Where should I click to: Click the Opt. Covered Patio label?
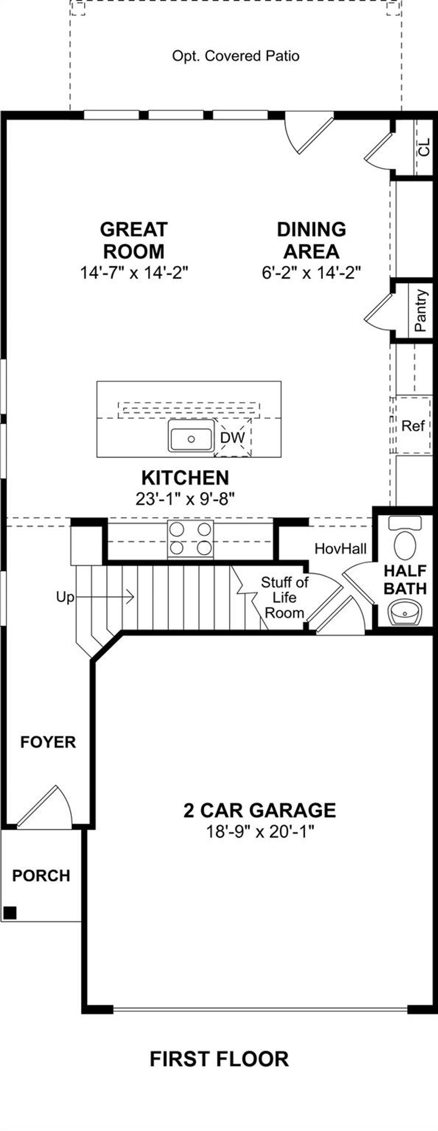pyautogui.click(x=236, y=56)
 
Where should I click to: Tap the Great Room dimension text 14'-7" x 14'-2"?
pyautogui.click(x=134, y=273)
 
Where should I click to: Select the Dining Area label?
pyautogui.click(x=311, y=240)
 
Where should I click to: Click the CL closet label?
pyautogui.click(x=424, y=147)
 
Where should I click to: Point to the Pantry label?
pyautogui.click(x=420, y=310)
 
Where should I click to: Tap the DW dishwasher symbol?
pyautogui.click(x=233, y=438)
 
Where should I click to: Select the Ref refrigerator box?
pyautogui.click(x=413, y=426)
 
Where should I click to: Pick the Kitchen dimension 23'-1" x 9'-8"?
pyautogui.click(x=185, y=499)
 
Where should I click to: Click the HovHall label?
pyautogui.click(x=340, y=548)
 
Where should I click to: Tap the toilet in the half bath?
pyautogui.click(x=405, y=545)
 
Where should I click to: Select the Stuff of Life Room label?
pyautogui.click(x=284, y=597)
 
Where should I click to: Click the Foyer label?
pyautogui.click(x=48, y=742)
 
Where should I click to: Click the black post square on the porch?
pyautogui.click(x=10, y=913)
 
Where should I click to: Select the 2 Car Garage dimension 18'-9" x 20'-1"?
pyautogui.click(x=260, y=831)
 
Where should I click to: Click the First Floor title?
pyautogui.click(x=219, y=1059)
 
